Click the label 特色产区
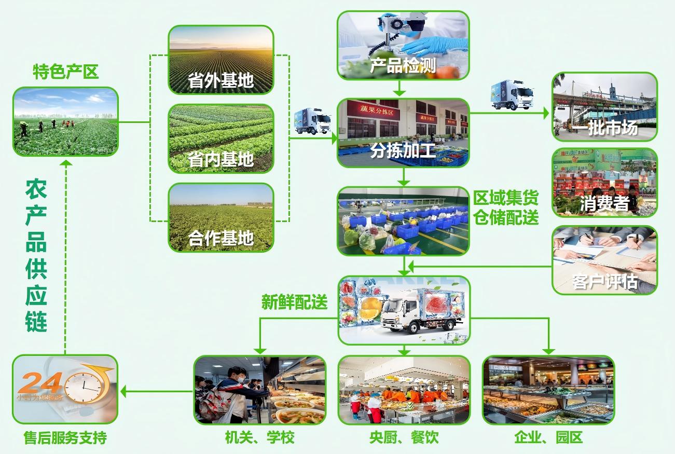65,71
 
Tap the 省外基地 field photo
221,60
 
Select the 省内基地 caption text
221,159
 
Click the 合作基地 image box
221,217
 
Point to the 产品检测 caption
403,66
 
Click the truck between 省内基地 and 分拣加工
312,121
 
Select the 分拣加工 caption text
403,150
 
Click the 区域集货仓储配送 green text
506,208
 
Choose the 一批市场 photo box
604,107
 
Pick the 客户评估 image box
604,259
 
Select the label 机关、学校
259,437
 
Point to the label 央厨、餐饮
404,437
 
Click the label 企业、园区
548,437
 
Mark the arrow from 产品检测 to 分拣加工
399,88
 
